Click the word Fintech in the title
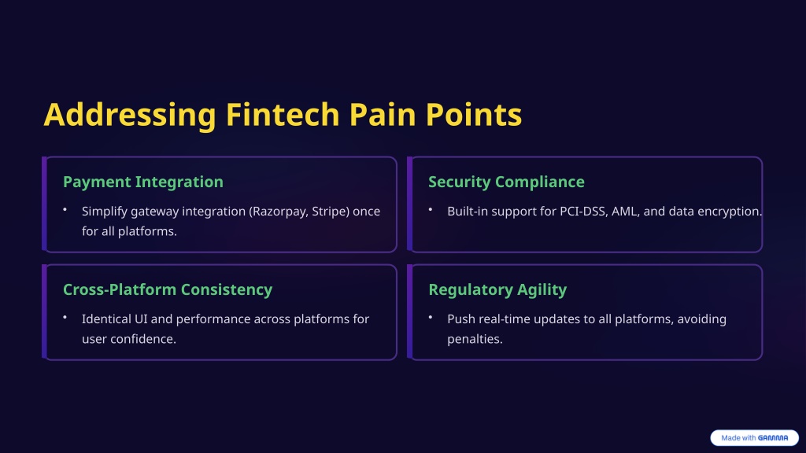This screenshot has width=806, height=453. click(x=283, y=114)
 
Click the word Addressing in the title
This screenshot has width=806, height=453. click(x=130, y=115)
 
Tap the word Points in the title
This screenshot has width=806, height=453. click(x=473, y=114)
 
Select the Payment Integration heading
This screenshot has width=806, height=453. click(x=143, y=182)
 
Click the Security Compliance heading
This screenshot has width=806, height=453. click(x=506, y=182)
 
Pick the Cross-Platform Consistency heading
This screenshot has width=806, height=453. click(x=168, y=289)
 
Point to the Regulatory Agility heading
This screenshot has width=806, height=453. click(x=497, y=289)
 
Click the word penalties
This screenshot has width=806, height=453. click(x=475, y=340)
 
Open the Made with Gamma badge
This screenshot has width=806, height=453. click(x=754, y=437)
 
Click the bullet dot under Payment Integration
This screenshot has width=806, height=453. click(x=65, y=209)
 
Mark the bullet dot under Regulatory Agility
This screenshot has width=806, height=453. click(x=431, y=318)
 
